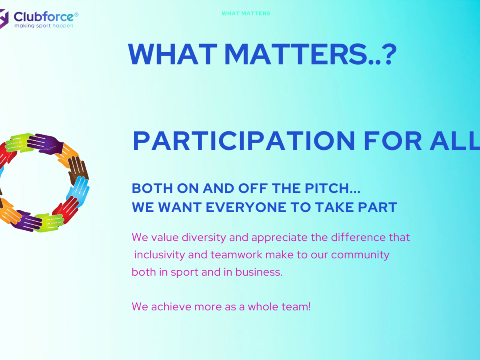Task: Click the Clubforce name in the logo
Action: click(44, 17)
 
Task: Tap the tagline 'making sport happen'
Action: click(44, 26)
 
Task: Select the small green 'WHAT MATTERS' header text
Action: click(246, 14)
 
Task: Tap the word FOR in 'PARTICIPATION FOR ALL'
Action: click(393, 141)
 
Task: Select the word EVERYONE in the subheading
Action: click(246, 207)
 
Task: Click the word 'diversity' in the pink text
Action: click(204, 238)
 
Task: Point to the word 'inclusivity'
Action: click(160, 255)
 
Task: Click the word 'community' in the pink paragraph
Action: click(360, 255)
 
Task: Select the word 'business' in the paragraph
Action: click(259, 272)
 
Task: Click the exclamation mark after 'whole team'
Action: click(310, 306)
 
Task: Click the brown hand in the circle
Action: click(78, 170)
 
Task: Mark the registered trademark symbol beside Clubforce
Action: click(76, 15)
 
